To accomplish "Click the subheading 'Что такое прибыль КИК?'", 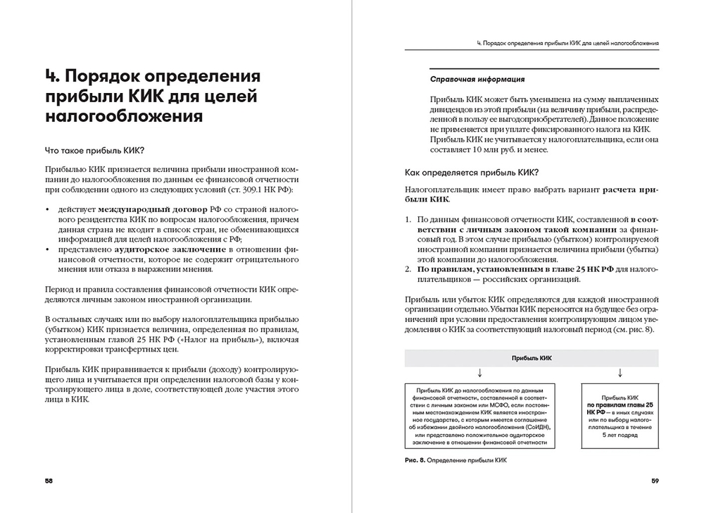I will click(x=94, y=150).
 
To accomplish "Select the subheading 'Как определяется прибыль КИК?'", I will click(x=472, y=173).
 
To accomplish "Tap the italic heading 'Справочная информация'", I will click(x=477, y=79).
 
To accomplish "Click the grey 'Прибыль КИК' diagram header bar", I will click(x=532, y=358).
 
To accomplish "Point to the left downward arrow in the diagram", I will click(x=479, y=372).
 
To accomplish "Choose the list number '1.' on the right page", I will click(x=409, y=221).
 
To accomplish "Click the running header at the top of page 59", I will click(x=567, y=43).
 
